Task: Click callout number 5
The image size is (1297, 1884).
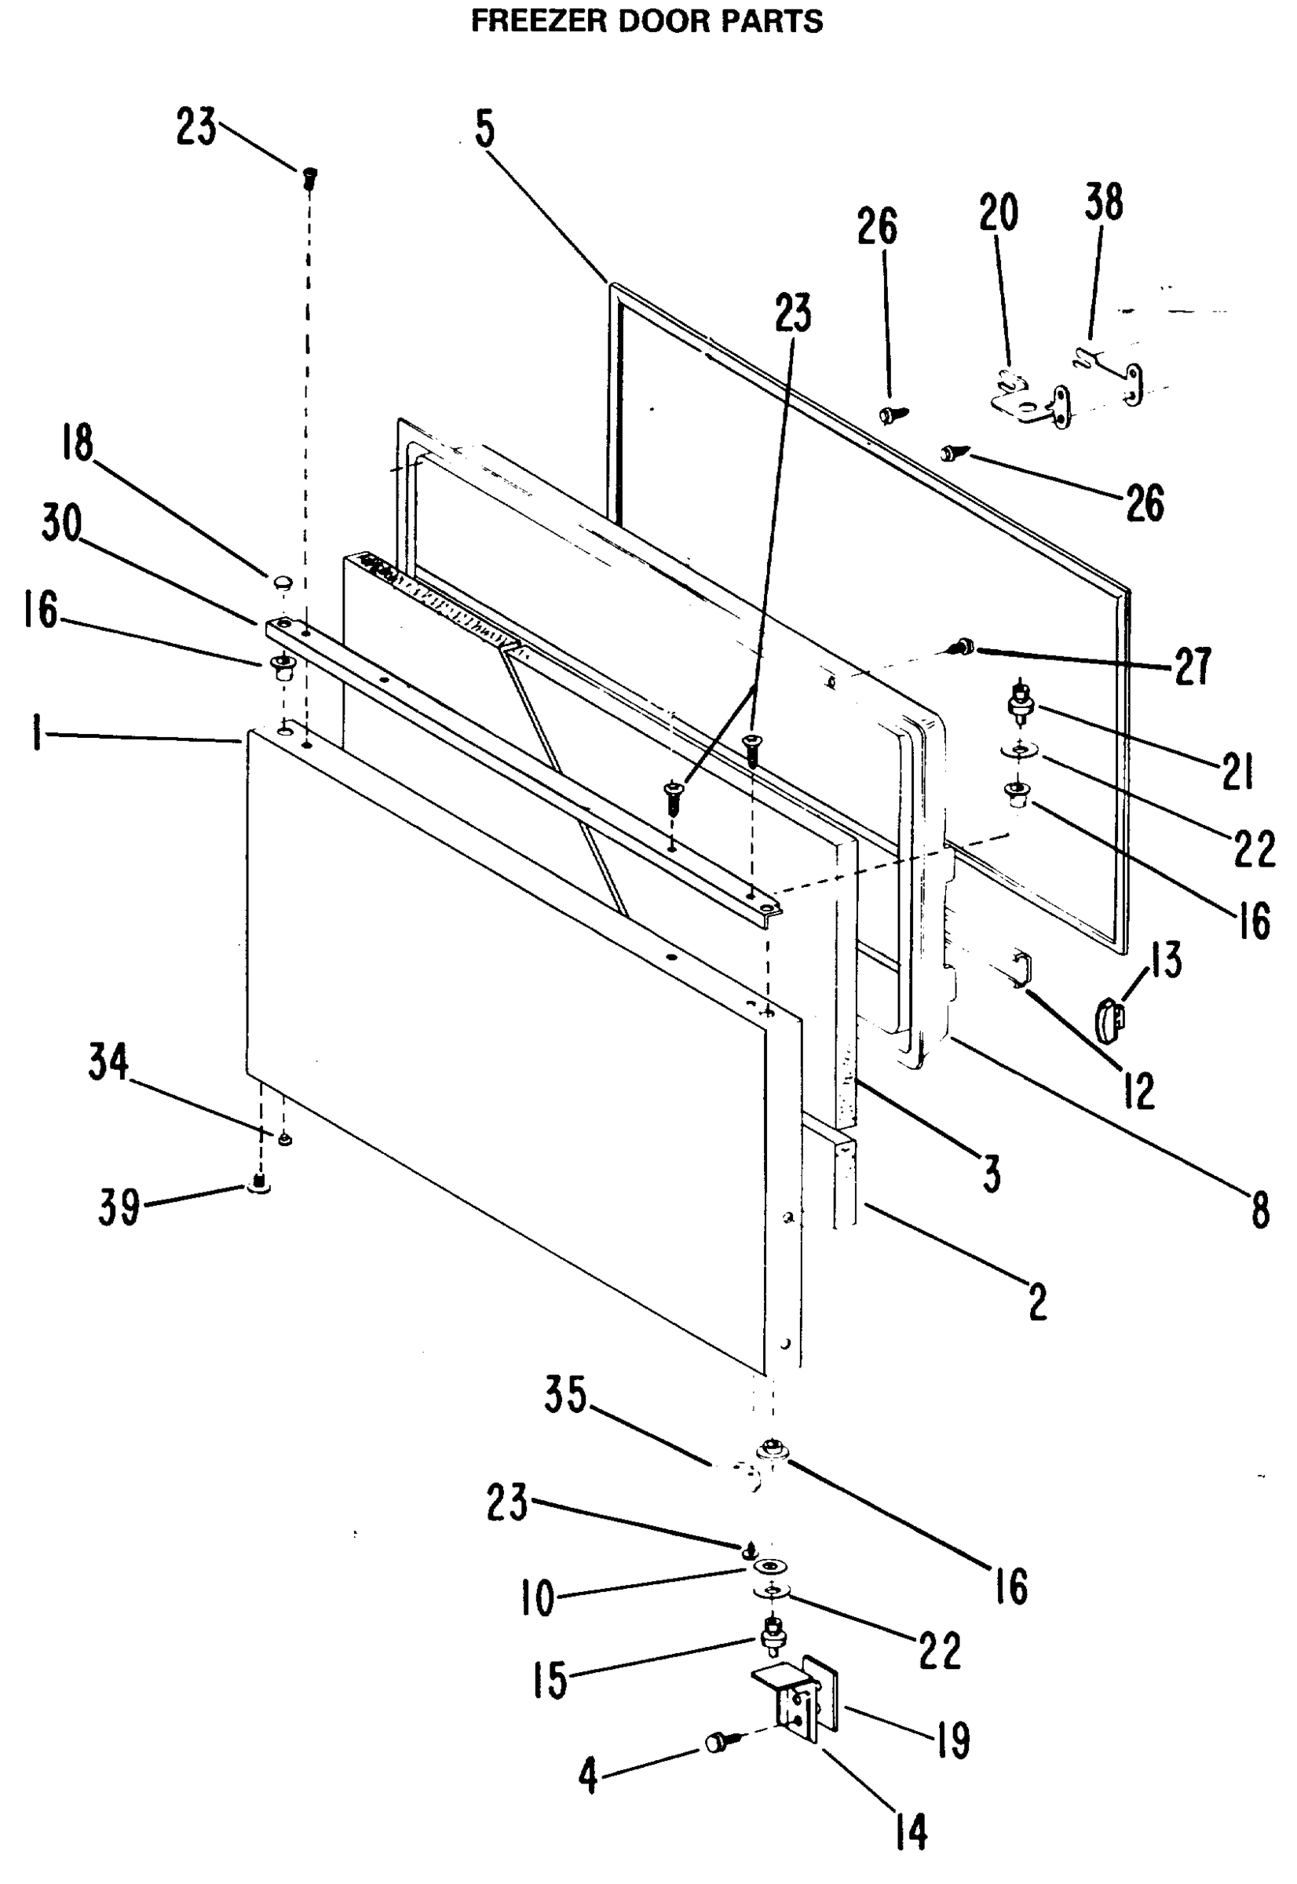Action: (x=484, y=129)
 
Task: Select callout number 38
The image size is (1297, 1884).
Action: (x=1104, y=202)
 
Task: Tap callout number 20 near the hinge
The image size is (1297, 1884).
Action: (x=998, y=213)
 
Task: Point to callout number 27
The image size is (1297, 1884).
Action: (x=1192, y=666)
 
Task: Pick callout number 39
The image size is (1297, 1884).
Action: (x=119, y=1207)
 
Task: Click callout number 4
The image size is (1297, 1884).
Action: (x=588, y=1776)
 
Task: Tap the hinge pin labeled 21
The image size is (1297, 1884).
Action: (x=1017, y=700)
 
